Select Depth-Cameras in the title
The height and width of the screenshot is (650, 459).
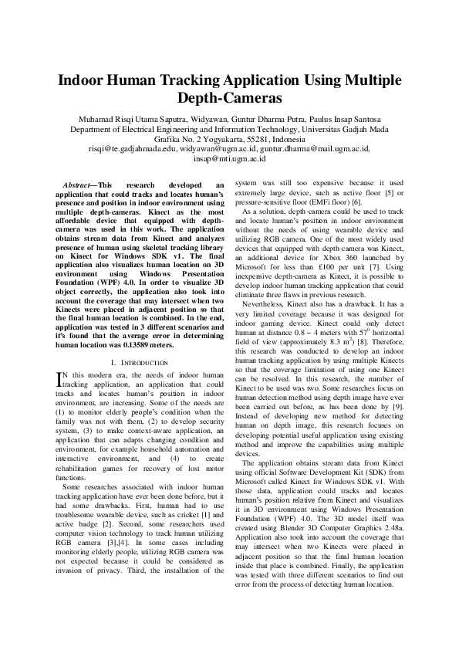(229, 99)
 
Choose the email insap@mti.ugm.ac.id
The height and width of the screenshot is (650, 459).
(229, 158)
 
